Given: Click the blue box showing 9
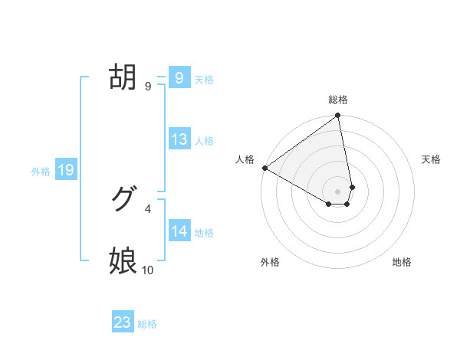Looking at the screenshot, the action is point(179,78).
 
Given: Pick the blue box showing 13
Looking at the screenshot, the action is point(179,139).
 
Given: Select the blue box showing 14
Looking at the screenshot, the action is point(179,231).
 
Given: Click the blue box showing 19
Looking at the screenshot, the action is point(65,170).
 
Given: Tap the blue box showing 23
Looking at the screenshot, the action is point(123,322).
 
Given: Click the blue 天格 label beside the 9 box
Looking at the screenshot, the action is point(204,79).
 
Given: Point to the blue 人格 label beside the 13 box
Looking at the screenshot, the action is point(204,140).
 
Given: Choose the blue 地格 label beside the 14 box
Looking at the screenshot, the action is point(204,232).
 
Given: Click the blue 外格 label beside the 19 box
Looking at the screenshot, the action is point(41,172).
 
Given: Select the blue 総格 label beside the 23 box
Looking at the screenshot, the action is point(147,324).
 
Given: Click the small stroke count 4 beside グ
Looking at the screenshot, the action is point(147,208).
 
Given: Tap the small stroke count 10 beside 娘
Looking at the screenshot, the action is point(147,270).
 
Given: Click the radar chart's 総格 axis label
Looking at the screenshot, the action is point(338,100).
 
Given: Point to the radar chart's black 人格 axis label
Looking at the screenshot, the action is point(245,159).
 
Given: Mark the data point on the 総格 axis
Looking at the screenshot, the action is point(338,116).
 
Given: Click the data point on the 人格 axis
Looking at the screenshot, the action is point(264,168).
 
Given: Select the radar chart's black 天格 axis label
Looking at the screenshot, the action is point(431,159).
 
